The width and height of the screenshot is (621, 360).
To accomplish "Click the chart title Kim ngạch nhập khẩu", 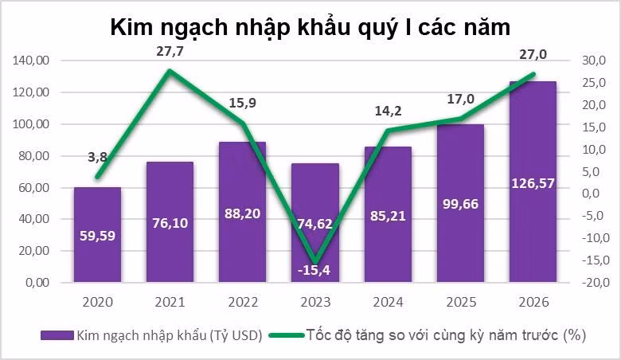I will click(310, 28).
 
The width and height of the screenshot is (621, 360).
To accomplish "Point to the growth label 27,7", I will click(169, 52).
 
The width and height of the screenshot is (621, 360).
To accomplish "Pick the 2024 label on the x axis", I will click(388, 303).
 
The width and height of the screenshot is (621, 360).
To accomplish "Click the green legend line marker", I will click(285, 336).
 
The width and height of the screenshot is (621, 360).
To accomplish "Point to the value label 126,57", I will click(533, 183).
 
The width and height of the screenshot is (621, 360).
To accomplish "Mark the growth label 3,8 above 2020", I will click(97, 157).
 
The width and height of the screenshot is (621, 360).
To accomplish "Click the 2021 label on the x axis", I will click(169, 303).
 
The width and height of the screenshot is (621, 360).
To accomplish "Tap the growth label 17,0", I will click(460, 100).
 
